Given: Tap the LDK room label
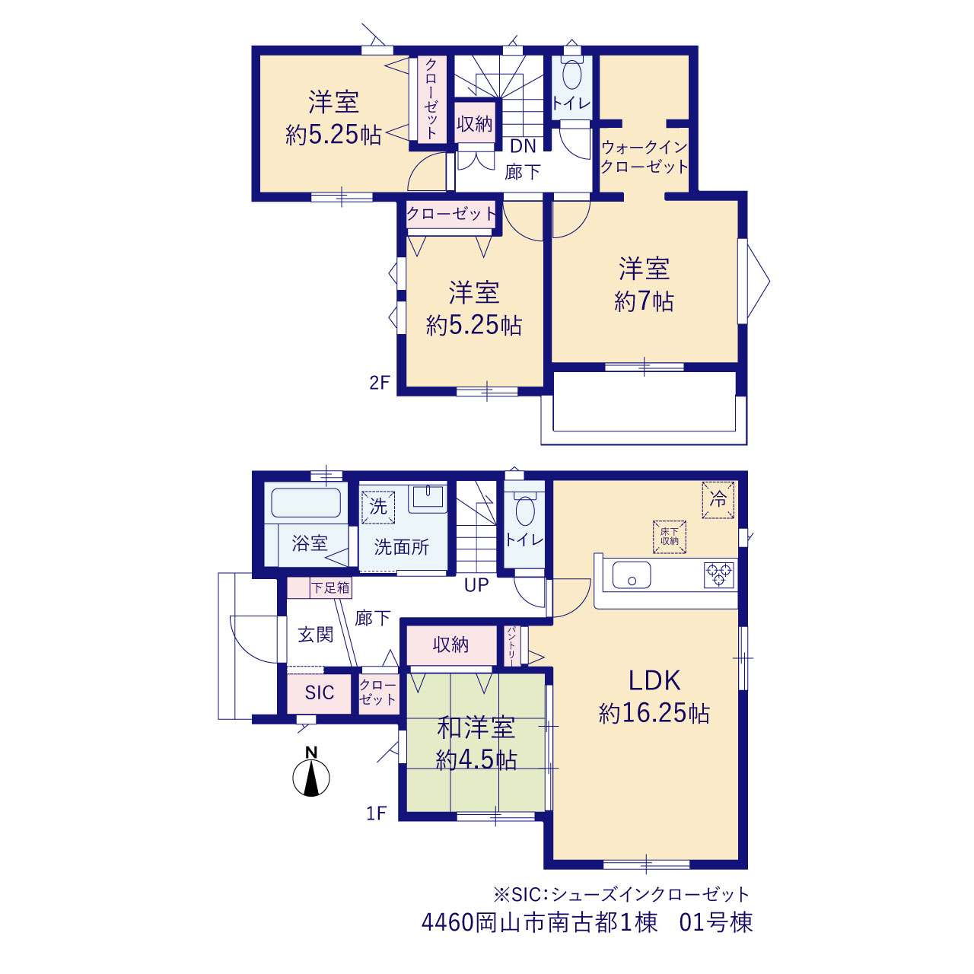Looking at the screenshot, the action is [x=654, y=680].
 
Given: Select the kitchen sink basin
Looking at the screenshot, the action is [x=632, y=575].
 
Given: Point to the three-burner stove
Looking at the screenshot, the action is [x=719, y=575].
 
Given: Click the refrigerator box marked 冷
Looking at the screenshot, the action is [x=718, y=500].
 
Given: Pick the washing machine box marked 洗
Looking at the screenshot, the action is [x=378, y=507].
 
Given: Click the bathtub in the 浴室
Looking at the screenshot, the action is [x=306, y=502].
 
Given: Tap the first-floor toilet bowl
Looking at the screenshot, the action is [x=525, y=511].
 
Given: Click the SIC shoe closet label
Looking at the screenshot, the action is [x=320, y=692].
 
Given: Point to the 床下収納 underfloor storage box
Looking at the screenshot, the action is [x=669, y=536].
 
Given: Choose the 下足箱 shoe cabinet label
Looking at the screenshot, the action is [x=330, y=587].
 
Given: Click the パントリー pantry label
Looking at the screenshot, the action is [x=511, y=645].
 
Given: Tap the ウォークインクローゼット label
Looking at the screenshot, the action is [x=645, y=157].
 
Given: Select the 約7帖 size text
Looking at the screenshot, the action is [x=644, y=302].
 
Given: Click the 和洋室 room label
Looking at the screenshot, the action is [x=476, y=728].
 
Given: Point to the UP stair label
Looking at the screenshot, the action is [x=476, y=585].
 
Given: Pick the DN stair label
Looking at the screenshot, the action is [x=523, y=147].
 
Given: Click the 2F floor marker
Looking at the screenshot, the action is [x=380, y=383].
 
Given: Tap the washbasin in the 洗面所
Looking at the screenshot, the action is [x=428, y=498].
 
